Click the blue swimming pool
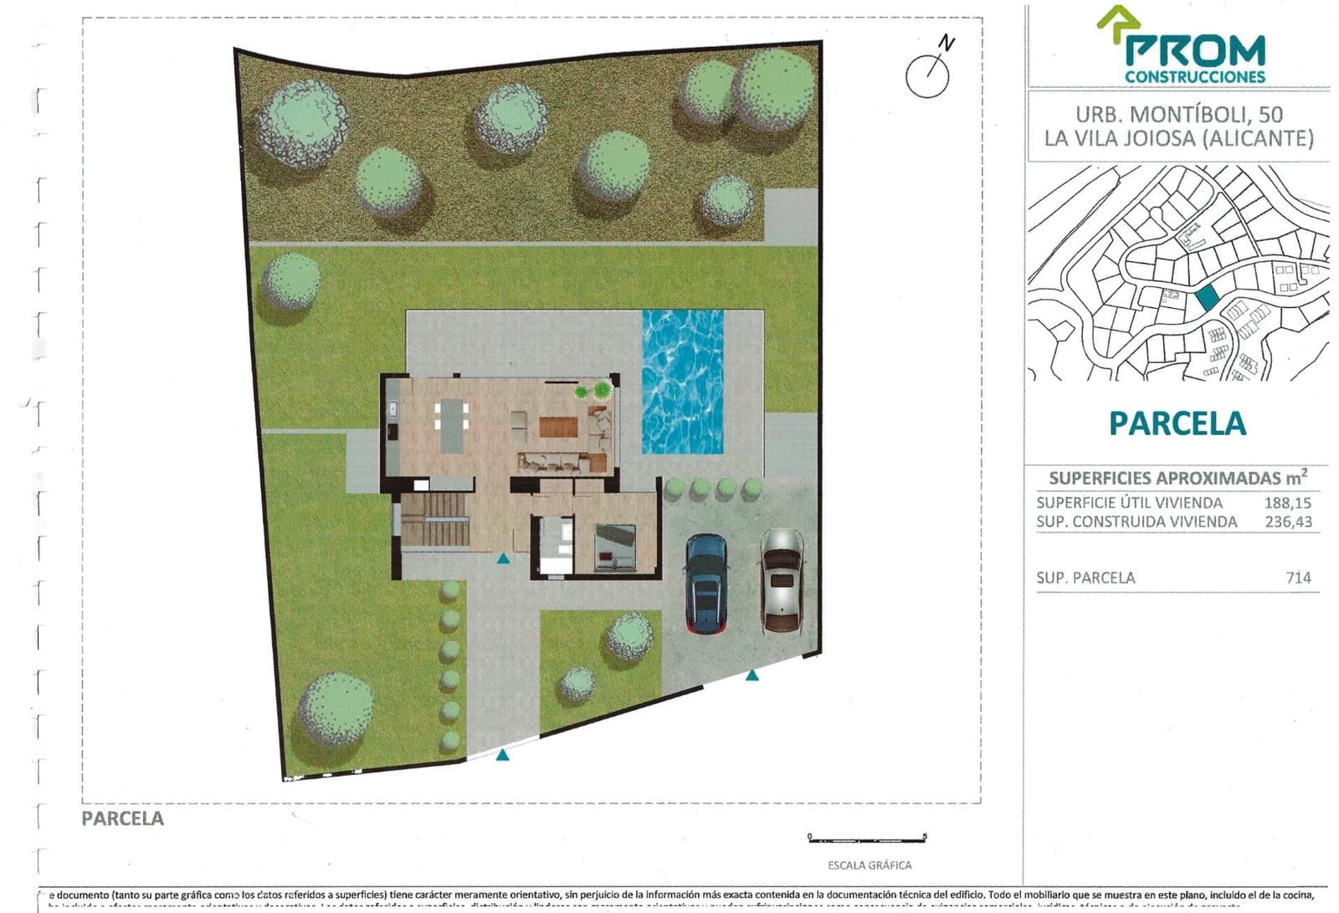pyautogui.click(x=682, y=382)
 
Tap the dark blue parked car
pyautogui.click(x=706, y=583)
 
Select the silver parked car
pyautogui.click(x=782, y=579)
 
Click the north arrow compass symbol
pyautogui.click(x=929, y=71)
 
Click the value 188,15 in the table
pyautogui.click(x=1287, y=503)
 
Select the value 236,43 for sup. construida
pyautogui.click(x=1288, y=522)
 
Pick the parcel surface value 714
pyautogui.click(x=1298, y=577)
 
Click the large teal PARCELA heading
pyautogui.click(x=1177, y=424)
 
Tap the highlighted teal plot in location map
pyautogui.click(x=1206, y=296)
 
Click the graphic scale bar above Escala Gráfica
pyautogui.click(x=867, y=837)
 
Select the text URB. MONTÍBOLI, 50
pyautogui.click(x=1178, y=115)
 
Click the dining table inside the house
pyautogui.click(x=452, y=424)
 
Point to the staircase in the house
pyautogui.click(x=434, y=519)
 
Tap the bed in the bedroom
pyautogui.click(x=616, y=545)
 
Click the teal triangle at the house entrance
pyautogui.click(x=503, y=558)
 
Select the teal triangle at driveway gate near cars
pyautogui.click(x=752, y=674)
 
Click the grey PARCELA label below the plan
pyautogui.click(x=122, y=818)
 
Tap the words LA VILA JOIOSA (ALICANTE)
pyautogui.click(x=1178, y=139)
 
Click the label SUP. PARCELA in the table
pyautogui.click(x=1085, y=577)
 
